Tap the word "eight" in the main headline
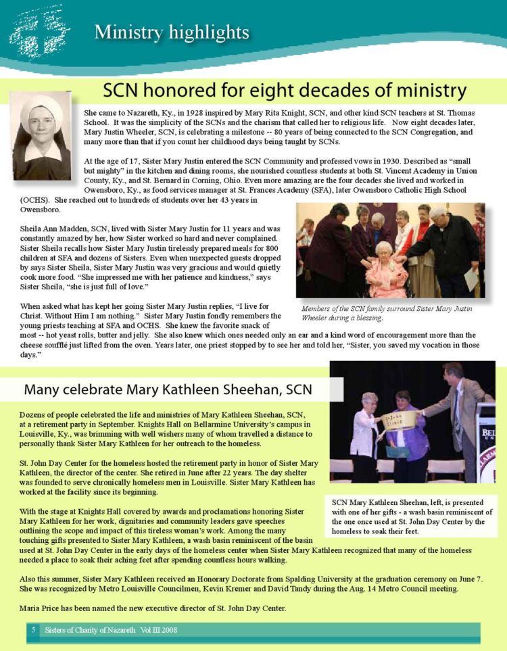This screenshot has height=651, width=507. point(279,91)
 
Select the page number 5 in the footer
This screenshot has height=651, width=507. point(32,630)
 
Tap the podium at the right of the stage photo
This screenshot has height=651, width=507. point(487,439)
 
